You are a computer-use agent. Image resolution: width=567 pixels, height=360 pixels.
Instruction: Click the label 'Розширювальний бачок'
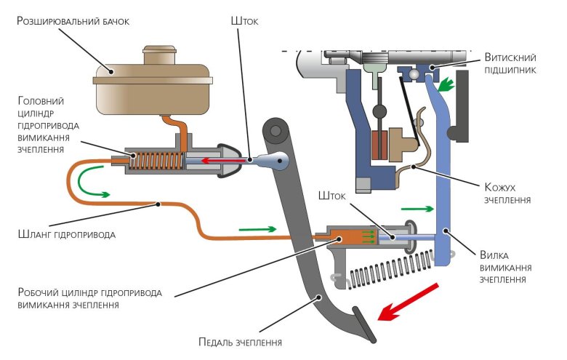[73, 21]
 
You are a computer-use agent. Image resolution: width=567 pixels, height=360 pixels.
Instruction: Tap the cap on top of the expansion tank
[164, 55]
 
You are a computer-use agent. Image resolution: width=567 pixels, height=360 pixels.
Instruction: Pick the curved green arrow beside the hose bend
[91, 183]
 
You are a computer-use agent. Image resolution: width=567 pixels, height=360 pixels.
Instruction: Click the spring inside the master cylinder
[156, 161]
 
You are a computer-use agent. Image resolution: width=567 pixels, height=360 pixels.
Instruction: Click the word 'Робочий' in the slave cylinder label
[41, 292]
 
